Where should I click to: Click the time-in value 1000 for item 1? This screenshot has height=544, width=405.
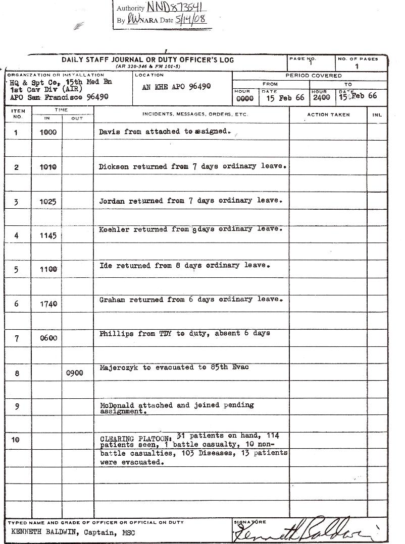click(x=48, y=132)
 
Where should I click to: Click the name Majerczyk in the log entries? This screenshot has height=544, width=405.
click(x=121, y=368)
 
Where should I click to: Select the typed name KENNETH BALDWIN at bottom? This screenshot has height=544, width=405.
click(x=44, y=532)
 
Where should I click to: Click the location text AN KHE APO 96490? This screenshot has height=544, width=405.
click(x=176, y=87)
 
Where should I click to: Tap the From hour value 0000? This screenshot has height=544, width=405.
click(x=244, y=98)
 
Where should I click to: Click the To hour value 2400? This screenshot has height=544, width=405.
click(x=322, y=98)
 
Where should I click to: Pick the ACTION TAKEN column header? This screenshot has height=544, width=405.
click(x=328, y=115)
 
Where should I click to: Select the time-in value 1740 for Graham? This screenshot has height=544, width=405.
click(x=48, y=304)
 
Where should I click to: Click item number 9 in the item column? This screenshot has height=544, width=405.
click(x=17, y=406)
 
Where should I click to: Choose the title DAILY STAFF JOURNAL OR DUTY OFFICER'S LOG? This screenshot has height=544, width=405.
click(x=147, y=60)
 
